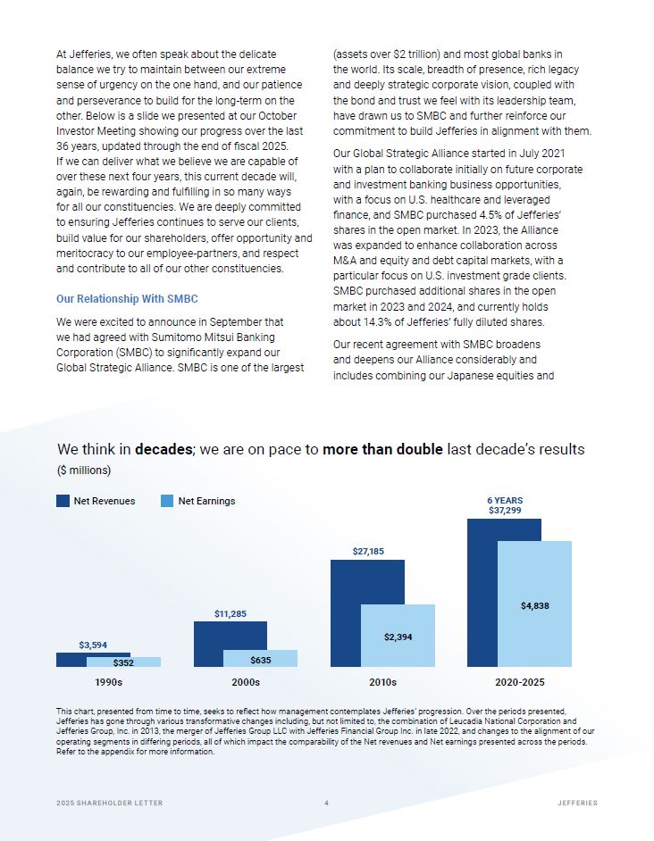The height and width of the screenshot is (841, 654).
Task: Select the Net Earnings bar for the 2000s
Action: [x=260, y=659]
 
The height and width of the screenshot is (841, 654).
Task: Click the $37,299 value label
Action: [x=505, y=511]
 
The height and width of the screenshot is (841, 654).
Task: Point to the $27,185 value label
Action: [x=367, y=552]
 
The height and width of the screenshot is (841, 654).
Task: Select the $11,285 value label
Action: [x=231, y=613]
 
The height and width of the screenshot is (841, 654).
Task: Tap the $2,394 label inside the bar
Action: [x=398, y=637]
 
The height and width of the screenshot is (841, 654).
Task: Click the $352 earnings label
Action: [x=123, y=662]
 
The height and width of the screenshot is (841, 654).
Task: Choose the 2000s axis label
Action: [x=246, y=682]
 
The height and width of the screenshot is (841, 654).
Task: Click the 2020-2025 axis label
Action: [x=519, y=682]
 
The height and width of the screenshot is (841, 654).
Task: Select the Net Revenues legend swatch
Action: [x=63, y=501]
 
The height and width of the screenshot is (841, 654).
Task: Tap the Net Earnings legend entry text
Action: [x=206, y=501]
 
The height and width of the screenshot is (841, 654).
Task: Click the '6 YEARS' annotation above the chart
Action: [x=505, y=500]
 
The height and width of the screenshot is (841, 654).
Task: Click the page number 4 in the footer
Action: [x=326, y=804]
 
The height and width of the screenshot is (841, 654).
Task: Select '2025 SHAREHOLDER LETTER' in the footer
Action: [x=110, y=804]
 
